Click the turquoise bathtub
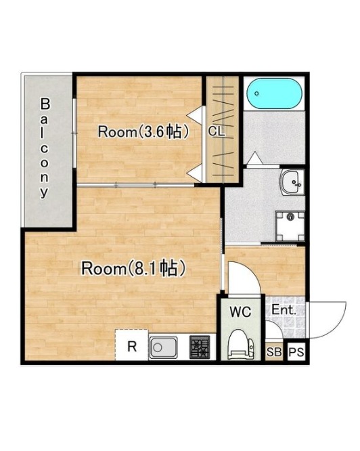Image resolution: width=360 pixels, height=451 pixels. point(274,93)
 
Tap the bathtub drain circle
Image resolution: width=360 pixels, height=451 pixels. point(256,93)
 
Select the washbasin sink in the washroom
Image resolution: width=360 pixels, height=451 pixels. point(292,182)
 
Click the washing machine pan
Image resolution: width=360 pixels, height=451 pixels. point(290,226)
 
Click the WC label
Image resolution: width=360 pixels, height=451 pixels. point(240,312)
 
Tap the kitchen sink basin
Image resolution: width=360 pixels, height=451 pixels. point(163,347)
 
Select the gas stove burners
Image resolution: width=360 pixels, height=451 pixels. point(200,347)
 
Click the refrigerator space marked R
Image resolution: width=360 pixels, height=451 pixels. point(132,345)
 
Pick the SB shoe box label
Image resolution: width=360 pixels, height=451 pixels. point(274,351)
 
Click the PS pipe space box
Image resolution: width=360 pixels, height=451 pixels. point(296,351)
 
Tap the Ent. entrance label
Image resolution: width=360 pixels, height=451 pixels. point(284,310)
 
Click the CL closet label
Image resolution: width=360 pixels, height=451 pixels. point(217,131)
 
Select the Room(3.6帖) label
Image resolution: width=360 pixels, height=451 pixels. point(143,131)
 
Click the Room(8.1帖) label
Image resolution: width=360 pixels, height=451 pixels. point(133,268)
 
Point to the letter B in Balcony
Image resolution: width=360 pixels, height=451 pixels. point(45,104)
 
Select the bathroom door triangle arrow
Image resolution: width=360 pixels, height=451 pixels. point(254,158)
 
